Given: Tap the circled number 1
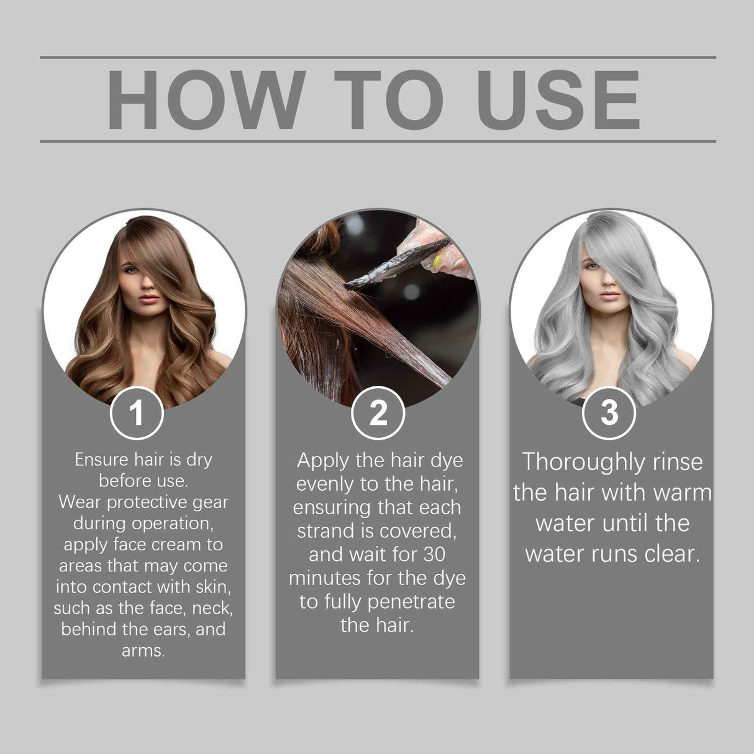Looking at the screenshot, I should tap(137, 412).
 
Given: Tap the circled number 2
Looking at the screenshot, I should tap(378, 412).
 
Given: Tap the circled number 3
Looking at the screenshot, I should tap(609, 412).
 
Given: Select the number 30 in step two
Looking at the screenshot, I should tap(433, 554).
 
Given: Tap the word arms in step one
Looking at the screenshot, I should tap(142, 651).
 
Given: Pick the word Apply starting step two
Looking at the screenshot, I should tap(323, 460).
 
